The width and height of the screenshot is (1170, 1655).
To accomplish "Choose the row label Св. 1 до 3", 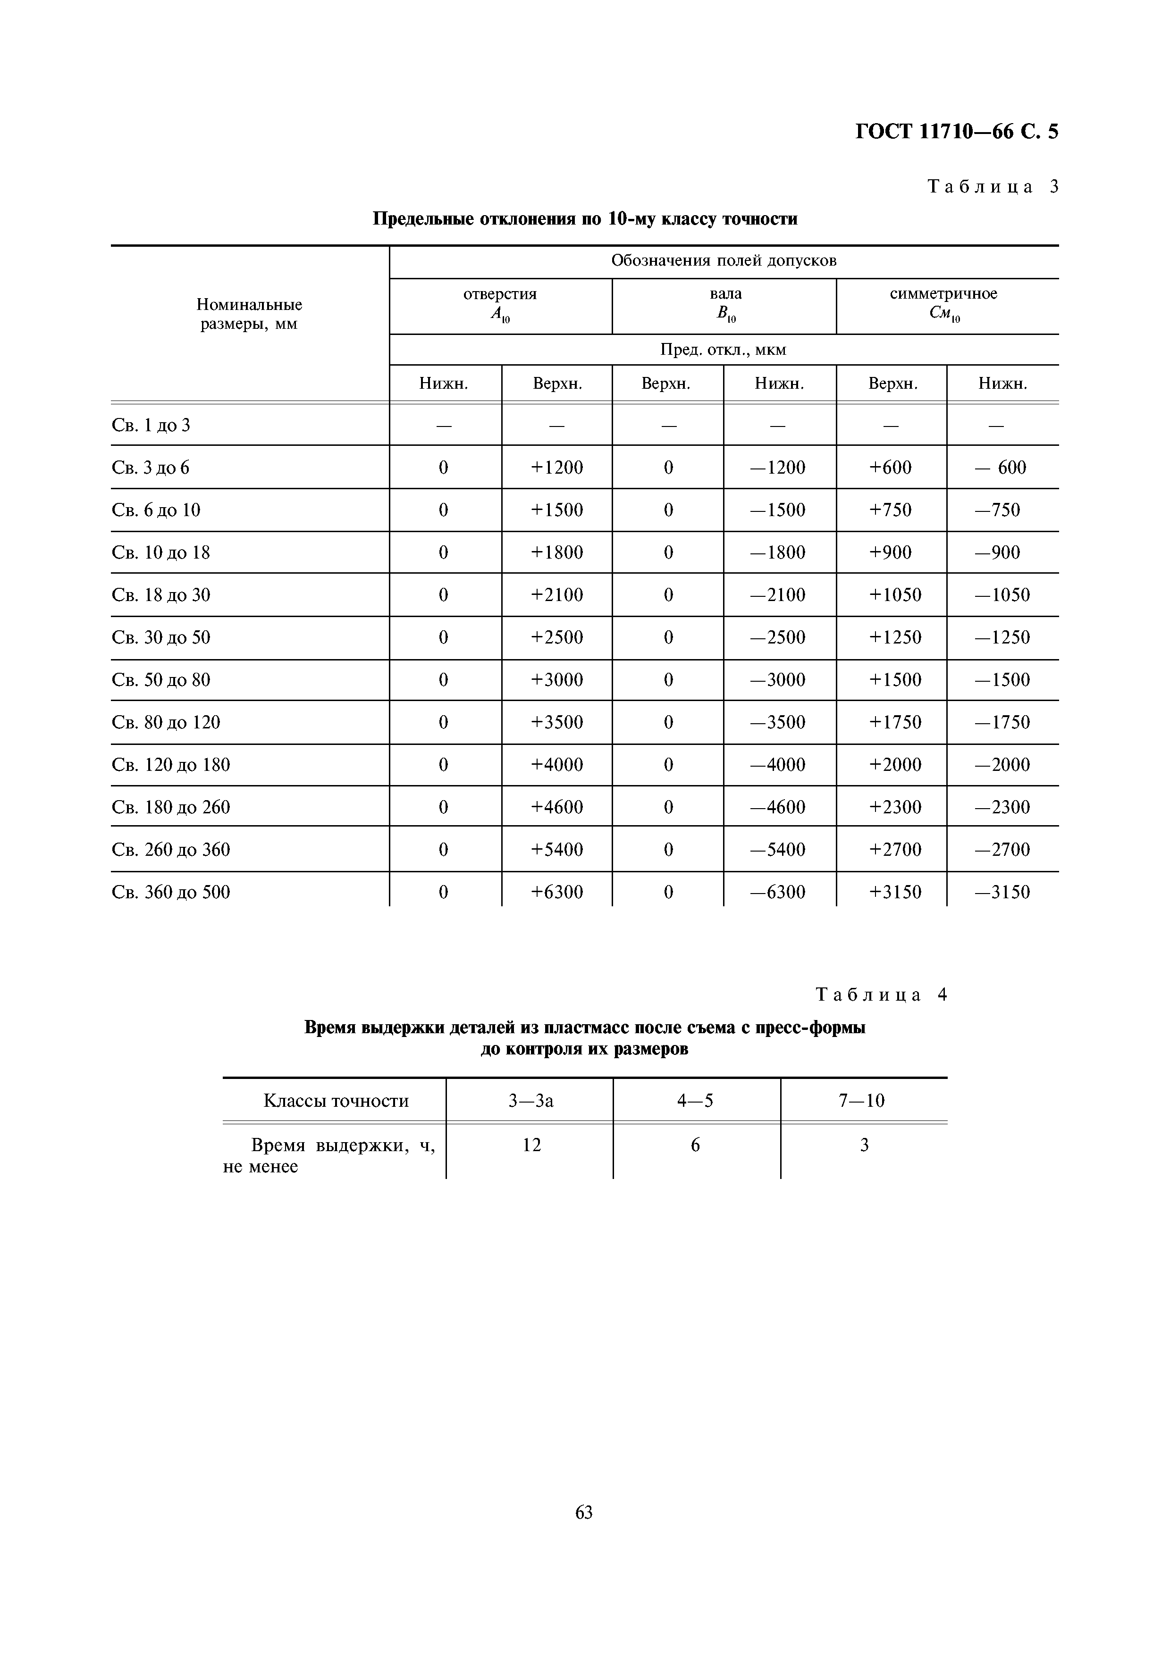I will [x=152, y=425].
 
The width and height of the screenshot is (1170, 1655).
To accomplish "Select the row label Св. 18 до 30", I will [x=161, y=595].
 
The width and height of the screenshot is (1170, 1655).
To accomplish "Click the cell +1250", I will [x=895, y=638].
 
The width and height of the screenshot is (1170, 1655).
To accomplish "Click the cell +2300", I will [x=895, y=807].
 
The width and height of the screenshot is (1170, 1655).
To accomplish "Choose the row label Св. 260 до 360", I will [x=172, y=850].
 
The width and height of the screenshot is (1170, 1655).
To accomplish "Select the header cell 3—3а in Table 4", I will [x=530, y=1101].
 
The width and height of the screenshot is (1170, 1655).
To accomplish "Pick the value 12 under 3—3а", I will [x=531, y=1145].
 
